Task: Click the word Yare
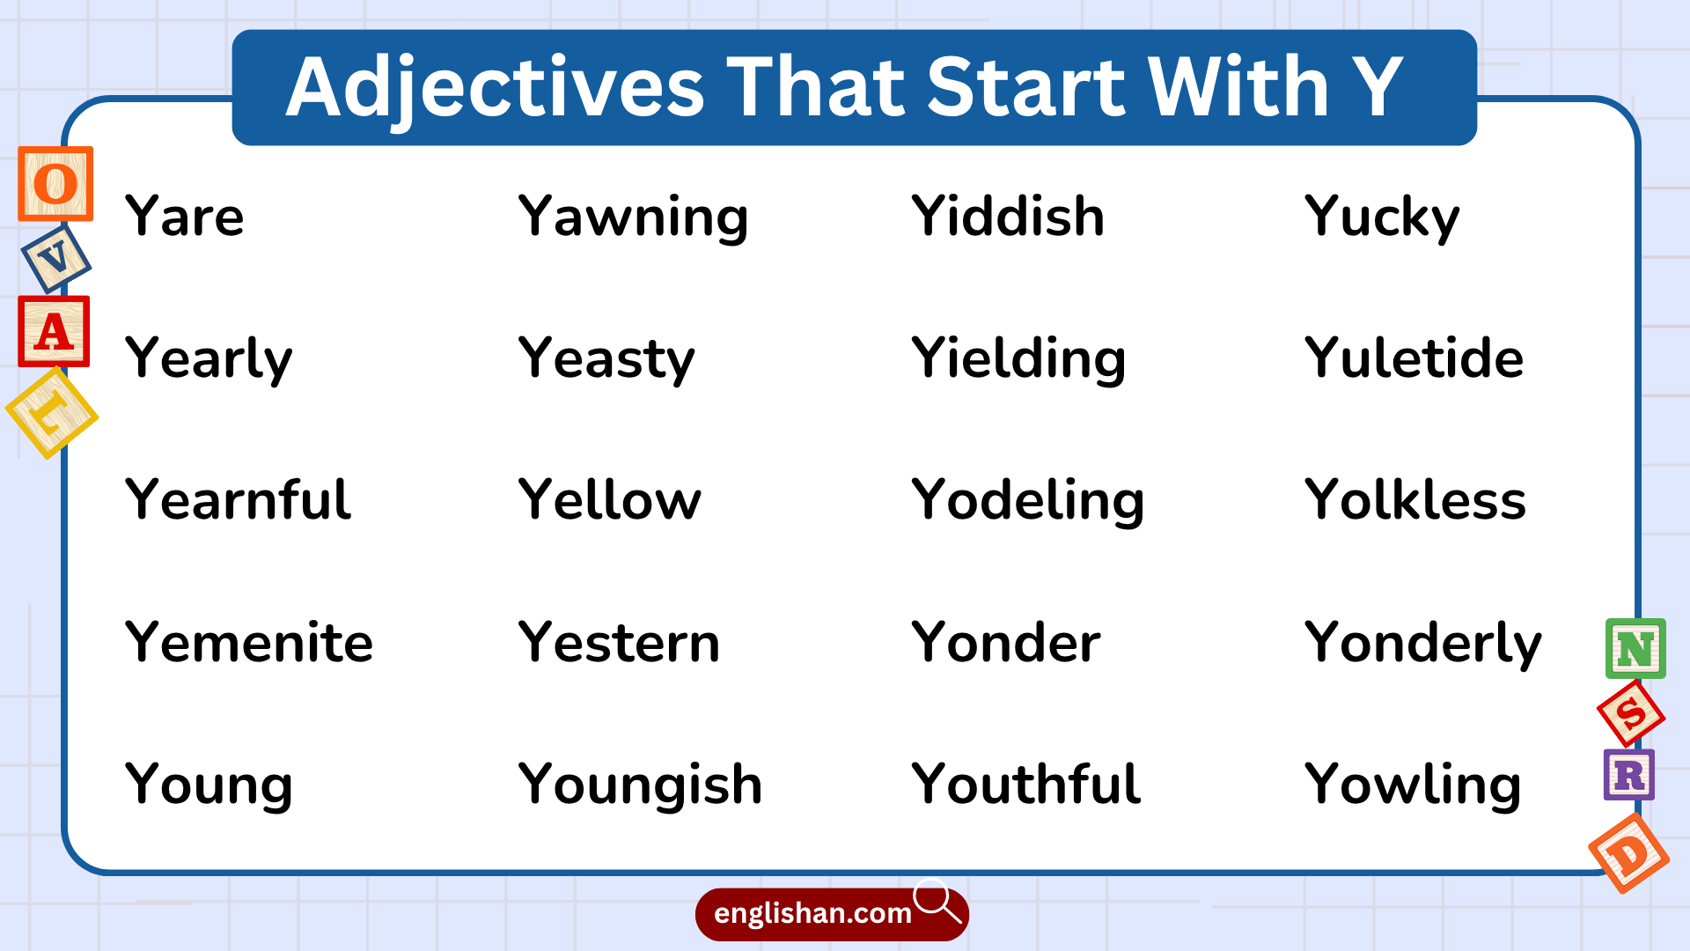point(184,217)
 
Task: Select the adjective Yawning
point(633,217)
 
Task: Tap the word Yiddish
point(1008,217)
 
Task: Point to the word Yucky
point(1382,217)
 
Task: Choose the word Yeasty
point(606,359)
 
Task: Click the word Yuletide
point(1414,358)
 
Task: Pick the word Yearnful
point(238,500)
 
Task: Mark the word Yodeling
point(1027,500)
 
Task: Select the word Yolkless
point(1414,500)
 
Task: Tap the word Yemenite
point(249,642)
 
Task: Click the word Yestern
point(619,642)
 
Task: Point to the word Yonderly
point(1422,643)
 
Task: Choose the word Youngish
point(640,785)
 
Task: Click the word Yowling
point(1413,785)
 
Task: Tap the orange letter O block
point(55,184)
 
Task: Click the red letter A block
point(54,332)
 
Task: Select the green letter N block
point(1635,649)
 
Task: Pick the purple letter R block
point(1628,775)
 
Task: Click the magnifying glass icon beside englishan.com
point(937,900)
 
